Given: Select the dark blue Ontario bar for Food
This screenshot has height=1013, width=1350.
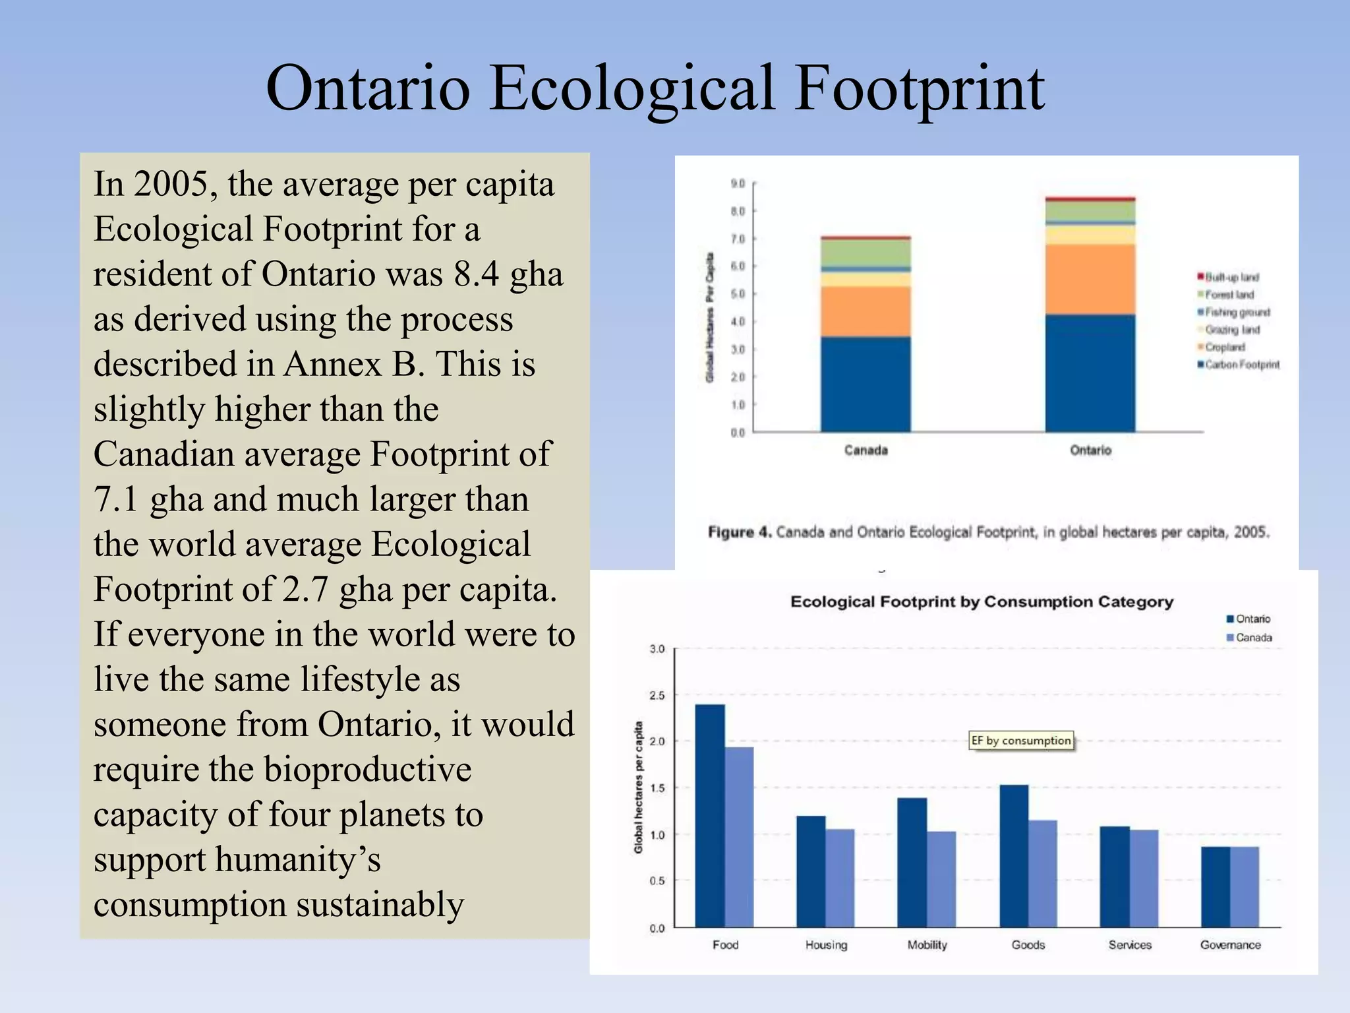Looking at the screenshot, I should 710,815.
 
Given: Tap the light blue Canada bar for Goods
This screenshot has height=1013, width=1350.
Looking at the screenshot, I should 1043,873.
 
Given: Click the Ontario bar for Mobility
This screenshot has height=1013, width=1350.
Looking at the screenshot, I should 912,862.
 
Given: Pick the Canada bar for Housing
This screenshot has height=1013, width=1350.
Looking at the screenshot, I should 840,878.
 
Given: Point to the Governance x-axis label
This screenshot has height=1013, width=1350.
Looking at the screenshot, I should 1230,945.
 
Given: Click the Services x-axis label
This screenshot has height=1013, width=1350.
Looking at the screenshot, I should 1130,945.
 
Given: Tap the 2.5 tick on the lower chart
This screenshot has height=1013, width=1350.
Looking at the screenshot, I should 657,696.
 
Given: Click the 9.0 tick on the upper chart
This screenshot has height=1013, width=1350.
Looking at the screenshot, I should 738,183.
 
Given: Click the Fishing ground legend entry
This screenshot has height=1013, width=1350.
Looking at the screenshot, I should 1235,312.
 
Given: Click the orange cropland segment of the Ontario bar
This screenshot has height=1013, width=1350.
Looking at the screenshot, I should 1090,279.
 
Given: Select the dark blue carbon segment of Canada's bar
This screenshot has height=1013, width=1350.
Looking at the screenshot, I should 866,384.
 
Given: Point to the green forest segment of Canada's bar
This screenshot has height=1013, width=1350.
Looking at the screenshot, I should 866,253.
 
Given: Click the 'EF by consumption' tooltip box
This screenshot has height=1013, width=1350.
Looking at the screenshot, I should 1021,741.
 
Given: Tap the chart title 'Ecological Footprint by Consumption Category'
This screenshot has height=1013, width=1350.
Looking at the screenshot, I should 982,601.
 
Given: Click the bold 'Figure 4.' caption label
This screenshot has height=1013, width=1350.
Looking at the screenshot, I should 739,532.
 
